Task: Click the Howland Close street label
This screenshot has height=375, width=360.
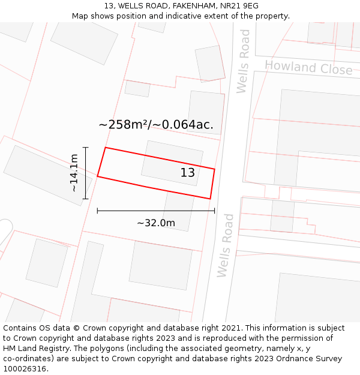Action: pyautogui.click(x=308, y=67)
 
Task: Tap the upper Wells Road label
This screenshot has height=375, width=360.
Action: pyautogui.click(x=243, y=62)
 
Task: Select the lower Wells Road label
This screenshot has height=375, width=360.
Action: pyautogui.click(x=225, y=245)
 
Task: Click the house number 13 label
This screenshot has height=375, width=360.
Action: pyautogui.click(x=188, y=173)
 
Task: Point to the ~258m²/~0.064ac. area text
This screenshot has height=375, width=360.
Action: pyautogui.click(x=156, y=125)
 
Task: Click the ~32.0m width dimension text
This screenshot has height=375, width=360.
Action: pyautogui.click(x=156, y=223)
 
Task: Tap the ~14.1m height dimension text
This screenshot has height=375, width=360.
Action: pyautogui.click(x=74, y=173)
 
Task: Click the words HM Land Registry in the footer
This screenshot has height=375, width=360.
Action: pyautogui.click(x=35, y=349)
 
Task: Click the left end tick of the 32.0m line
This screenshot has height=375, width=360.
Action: pyautogui.click(x=97, y=211)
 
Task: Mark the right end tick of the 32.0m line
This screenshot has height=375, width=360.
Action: pyautogui.click(x=214, y=211)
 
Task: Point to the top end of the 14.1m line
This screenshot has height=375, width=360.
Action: pyautogui.click(x=85, y=148)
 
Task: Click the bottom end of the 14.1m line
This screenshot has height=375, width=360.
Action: pyautogui.click(x=85, y=199)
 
